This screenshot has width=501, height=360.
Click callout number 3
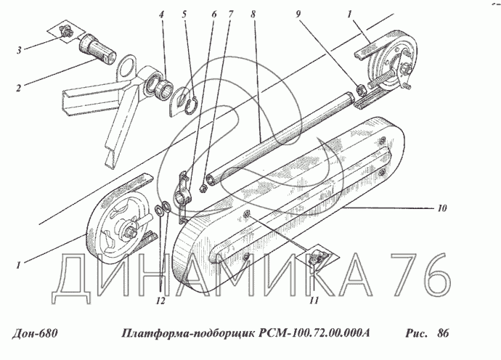click(19, 50)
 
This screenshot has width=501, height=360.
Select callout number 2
click(19, 88)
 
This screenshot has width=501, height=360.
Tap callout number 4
click(162, 15)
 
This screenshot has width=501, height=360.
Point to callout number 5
click(184, 15)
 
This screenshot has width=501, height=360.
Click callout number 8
click(253, 15)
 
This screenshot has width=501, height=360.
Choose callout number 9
click(298, 15)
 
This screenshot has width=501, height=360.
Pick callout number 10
click(442, 208)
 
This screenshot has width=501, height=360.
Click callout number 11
click(314, 300)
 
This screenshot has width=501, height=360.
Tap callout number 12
click(160, 300)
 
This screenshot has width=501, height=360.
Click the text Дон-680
click(35, 333)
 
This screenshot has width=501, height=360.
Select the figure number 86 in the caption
click(443, 333)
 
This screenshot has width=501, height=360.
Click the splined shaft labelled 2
click(97, 49)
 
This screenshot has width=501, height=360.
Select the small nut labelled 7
click(202, 189)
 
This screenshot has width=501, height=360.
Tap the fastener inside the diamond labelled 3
click(66, 32)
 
